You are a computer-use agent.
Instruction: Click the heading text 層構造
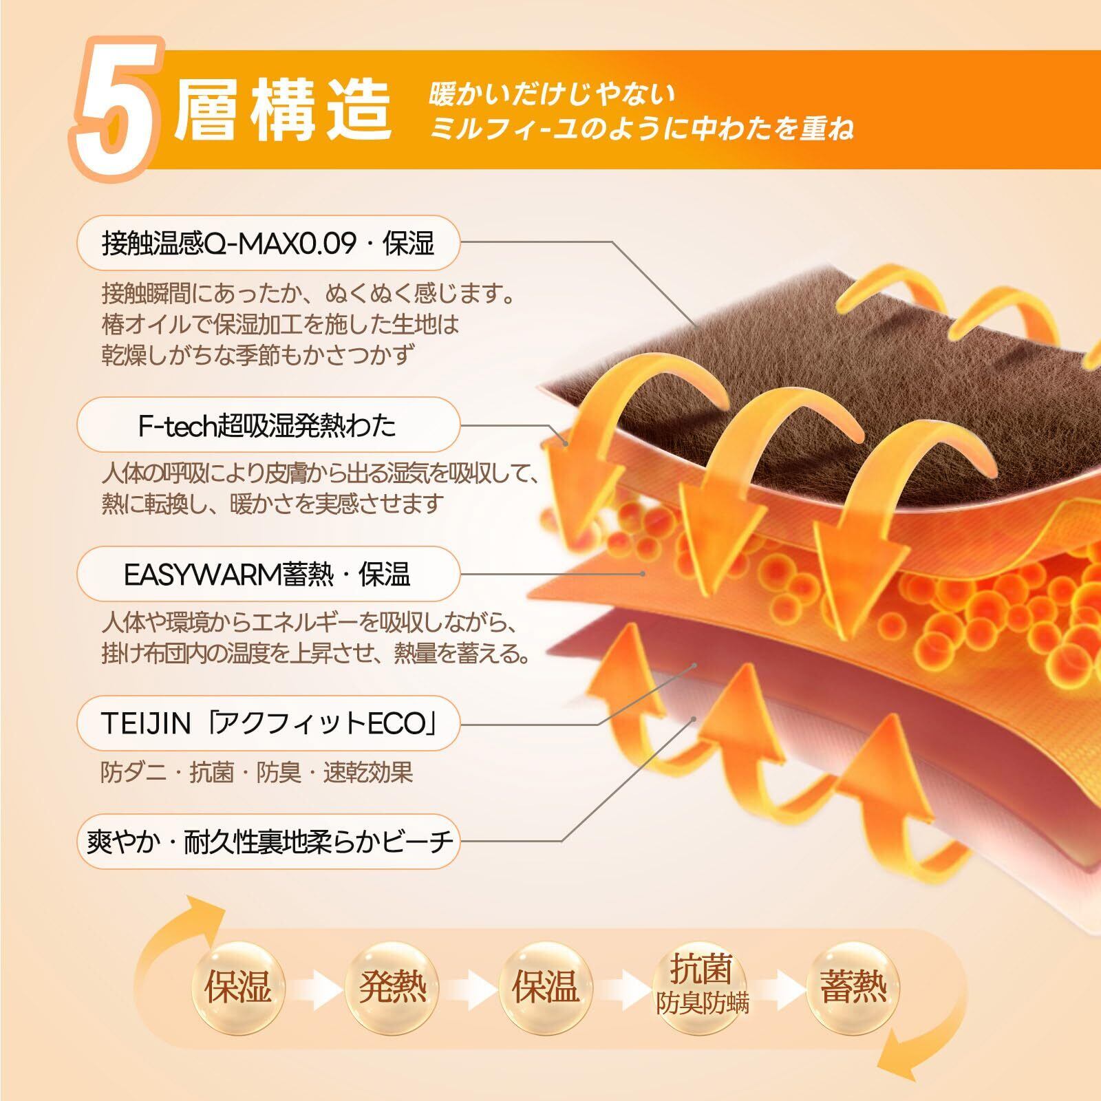click(x=282, y=110)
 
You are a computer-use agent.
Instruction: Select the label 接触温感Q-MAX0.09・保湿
click(x=268, y=243)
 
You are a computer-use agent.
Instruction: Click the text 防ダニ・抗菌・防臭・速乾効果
click(x=257, y=773)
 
